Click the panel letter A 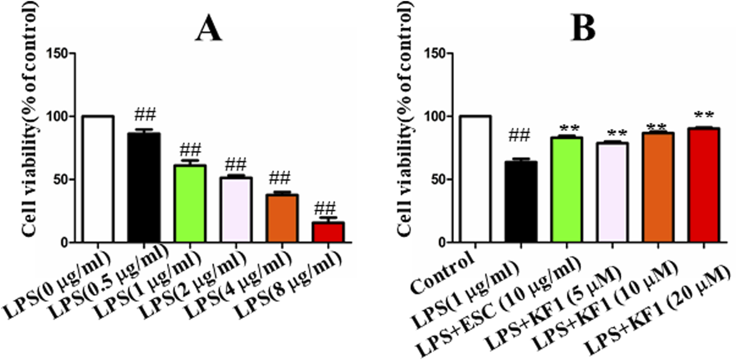pyautogui.click(x=208, y=29)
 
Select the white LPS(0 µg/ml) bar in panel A pyautogui.click(x=97, y=179)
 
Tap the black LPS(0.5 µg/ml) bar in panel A pyautogui.click(x=143, y=188)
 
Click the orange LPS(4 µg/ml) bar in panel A pyautogui.click(x=282, y=218)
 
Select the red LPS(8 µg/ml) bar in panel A pyautogui.click(x=328, y=232)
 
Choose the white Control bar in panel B pyautogui.click(x=476, y=179)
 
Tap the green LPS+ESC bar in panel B pyautogui.click(x=567, y=190)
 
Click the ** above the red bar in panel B pyautogui.click(x=703, y=116)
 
